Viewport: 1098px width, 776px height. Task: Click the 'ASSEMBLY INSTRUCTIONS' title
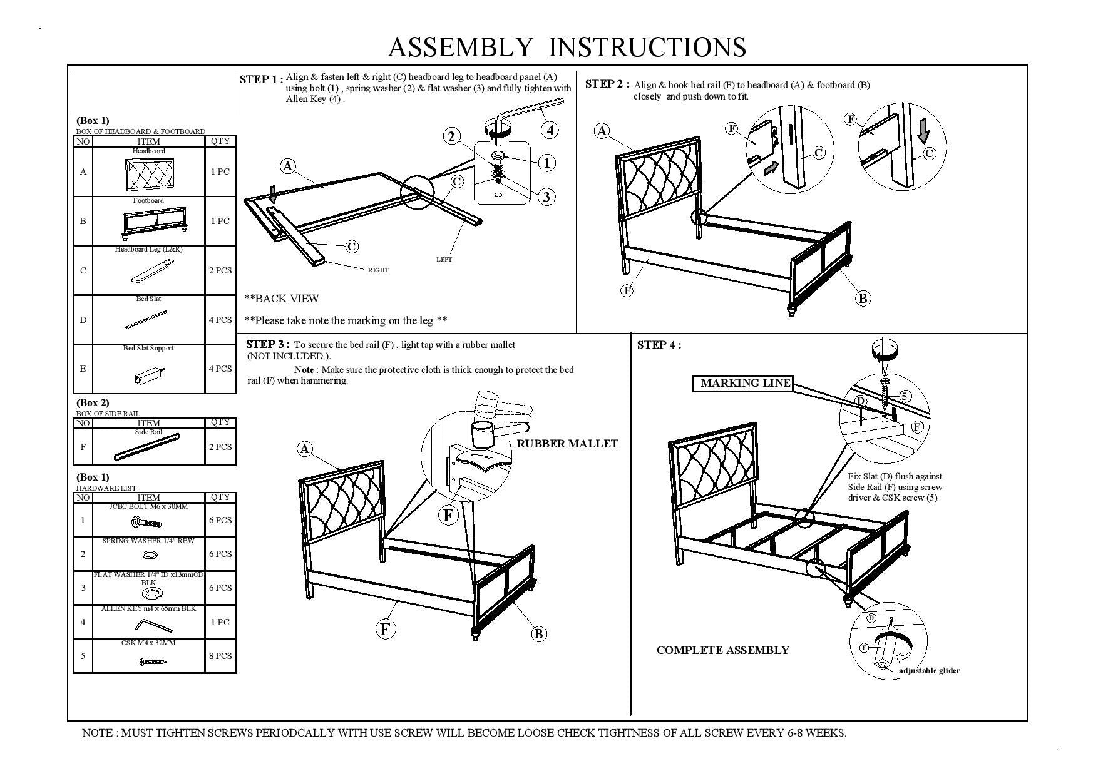pyautogui.click(x=567, y=48)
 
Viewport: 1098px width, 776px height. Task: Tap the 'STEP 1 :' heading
pyautogui.click(x=261, y=79)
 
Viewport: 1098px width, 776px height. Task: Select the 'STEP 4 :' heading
pyautogui.click(x=659, y=345)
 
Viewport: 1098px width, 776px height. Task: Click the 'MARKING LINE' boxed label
pyautogui.click(x=745, y=383)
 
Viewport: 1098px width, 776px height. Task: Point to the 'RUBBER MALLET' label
pyautogui.click(x=567, y=444)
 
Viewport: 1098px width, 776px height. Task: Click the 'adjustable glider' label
pyautogui.click(x=929, y=671)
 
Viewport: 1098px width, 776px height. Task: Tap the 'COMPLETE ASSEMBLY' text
pyautogui.click(x=722, y=650)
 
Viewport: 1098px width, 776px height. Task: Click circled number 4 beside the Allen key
pyautogui.click(x=550, y=130)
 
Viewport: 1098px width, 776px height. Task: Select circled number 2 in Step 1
pyautogui.click(x=451, y=136)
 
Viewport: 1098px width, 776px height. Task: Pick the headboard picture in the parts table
pyautogui.click(x=149, y=174)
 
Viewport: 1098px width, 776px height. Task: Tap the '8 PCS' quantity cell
pyautogui.click(x=220, y=656)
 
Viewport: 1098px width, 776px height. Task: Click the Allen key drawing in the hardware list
pyautogui.click(x=154, y=625)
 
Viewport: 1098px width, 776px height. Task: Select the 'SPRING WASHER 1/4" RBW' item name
pyautogui.click(x=148, y=541)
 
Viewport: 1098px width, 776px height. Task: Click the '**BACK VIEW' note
pyautogui.click(x=282, y=299)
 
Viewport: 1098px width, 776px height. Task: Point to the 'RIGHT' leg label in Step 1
pyautogui.click(x=378, y=270)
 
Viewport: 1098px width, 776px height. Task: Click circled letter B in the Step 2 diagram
pyautogui.click(x=863, y=299)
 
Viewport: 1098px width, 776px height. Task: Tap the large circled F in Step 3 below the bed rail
pyautogui.click(x=385, y=629)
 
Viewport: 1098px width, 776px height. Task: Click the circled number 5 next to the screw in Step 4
pyautogui.click(x=904, y=396)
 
